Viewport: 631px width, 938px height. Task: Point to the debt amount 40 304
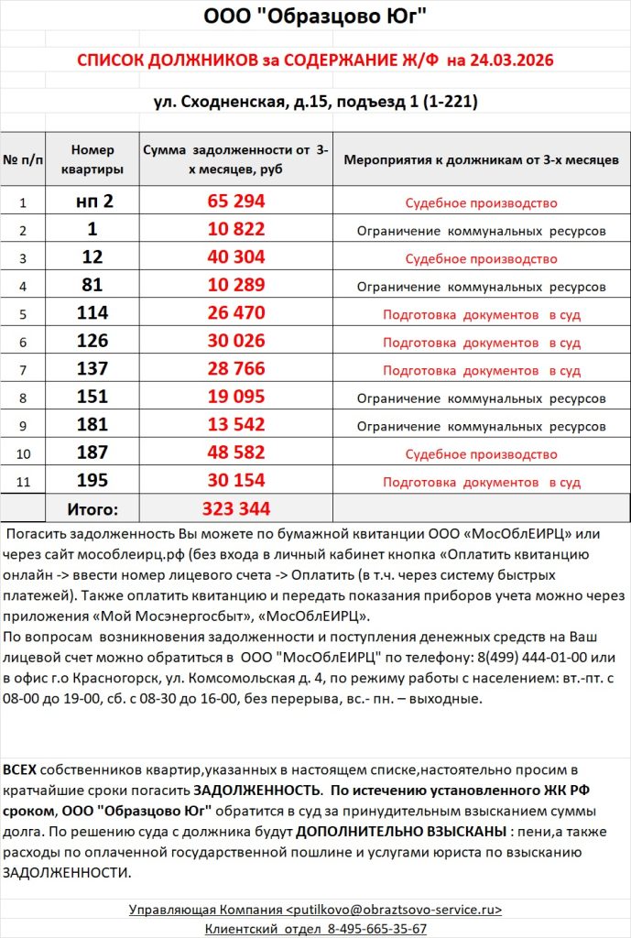coord(235,257)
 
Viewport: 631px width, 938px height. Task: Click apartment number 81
coord(92,286)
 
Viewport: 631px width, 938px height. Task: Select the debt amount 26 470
coord(235,314)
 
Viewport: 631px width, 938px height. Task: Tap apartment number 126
coord(92,342)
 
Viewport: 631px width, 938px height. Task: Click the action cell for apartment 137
coord(481,370)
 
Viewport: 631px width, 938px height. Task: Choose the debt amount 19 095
coord(235,398)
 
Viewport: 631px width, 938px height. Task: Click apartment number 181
coord(92,426)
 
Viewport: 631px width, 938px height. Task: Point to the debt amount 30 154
coord(235,482)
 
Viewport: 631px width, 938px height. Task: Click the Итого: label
coord(92,509)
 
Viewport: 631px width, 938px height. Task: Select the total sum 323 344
coord(235,509)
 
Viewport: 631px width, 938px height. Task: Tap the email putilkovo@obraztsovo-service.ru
coord(395,910)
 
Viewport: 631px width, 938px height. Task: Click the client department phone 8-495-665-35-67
coord(376,928)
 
